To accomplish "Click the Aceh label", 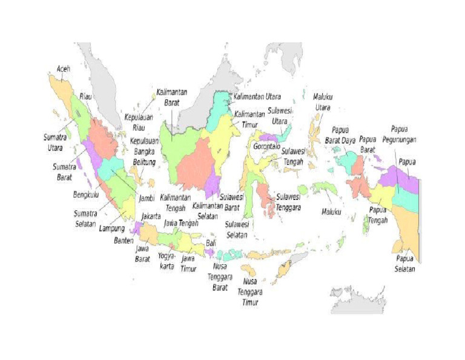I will [x=64, y=68].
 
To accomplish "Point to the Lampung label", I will [x=111, y=228].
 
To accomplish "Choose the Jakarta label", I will [x=151, y=216].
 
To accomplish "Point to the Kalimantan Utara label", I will [x=261, y=96].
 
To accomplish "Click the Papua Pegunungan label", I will [x=403, y=134].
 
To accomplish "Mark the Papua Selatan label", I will [x=405, y=264].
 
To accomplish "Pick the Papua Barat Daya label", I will [x=343, y=135].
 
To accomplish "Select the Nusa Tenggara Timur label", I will [x=253, y=292].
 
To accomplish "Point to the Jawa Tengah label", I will [x=181, y=223].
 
